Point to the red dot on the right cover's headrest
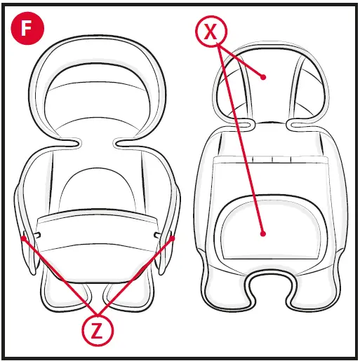(x=264, y=76)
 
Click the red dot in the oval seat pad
(x=262, y=233)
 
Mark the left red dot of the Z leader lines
(x=24, y=238)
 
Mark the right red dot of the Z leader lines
(x=173, y=238)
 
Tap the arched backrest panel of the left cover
(x=98, y=189)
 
